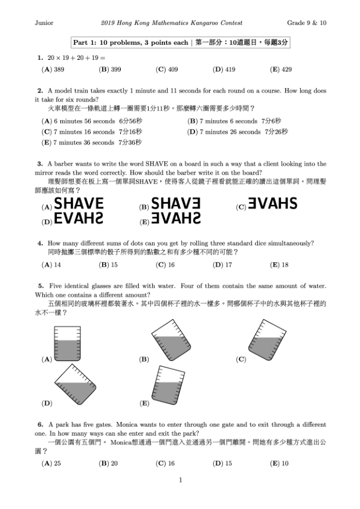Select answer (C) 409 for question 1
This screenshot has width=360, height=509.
point(167,70)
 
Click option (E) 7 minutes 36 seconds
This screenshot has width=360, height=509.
point(91,143)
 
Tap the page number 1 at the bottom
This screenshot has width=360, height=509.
point(180,481)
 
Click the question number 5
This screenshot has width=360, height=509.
point(40,285)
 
